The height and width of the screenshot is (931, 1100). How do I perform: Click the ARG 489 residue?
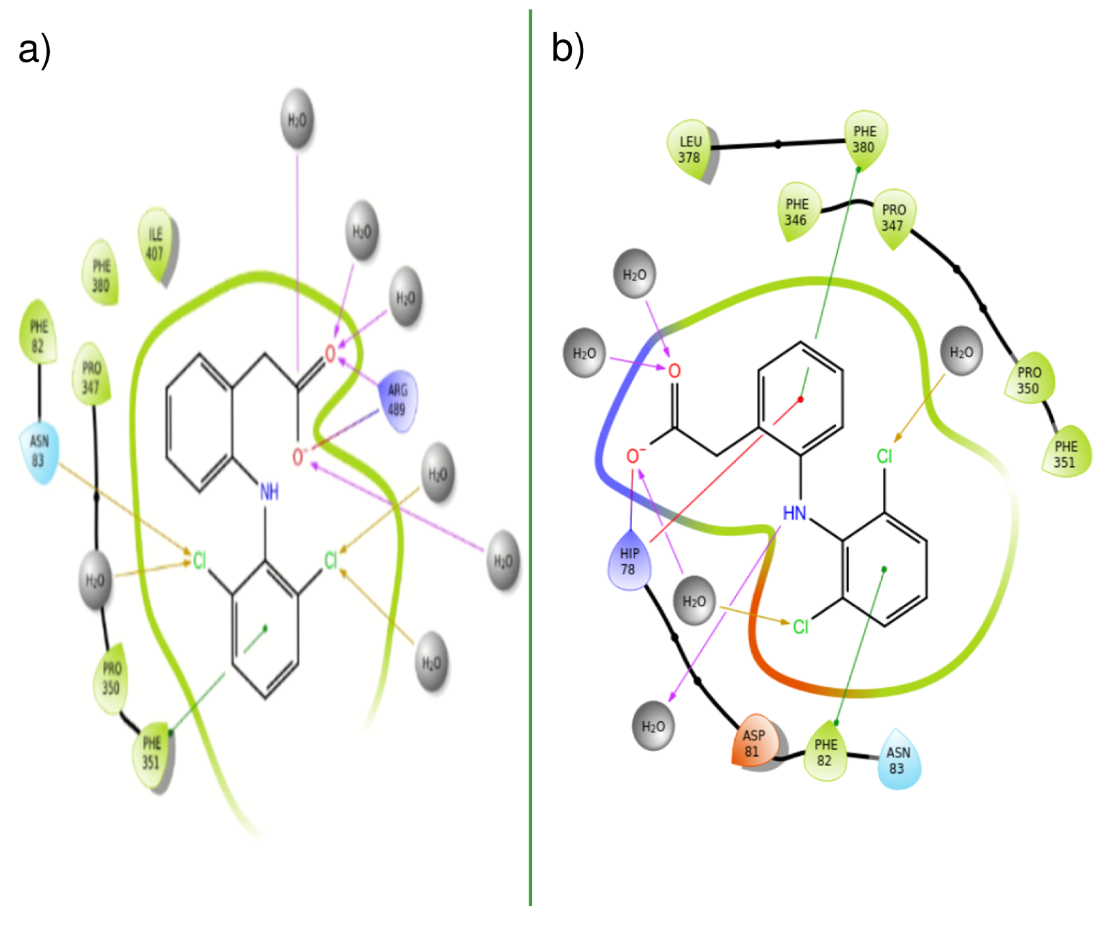coord(397,400)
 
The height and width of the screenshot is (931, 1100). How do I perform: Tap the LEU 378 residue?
coord(689,149)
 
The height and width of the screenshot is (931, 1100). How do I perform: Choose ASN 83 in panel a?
coord(38,451)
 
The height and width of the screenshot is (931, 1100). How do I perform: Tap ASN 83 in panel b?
coord(898,760)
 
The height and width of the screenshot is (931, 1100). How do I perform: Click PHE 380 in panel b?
coord(865,139)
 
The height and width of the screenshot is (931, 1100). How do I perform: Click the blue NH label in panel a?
coord(269,492)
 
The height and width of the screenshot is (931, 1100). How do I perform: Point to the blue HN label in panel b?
coord(794,512)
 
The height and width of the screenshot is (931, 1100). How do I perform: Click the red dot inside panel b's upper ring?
coord(800,399)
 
